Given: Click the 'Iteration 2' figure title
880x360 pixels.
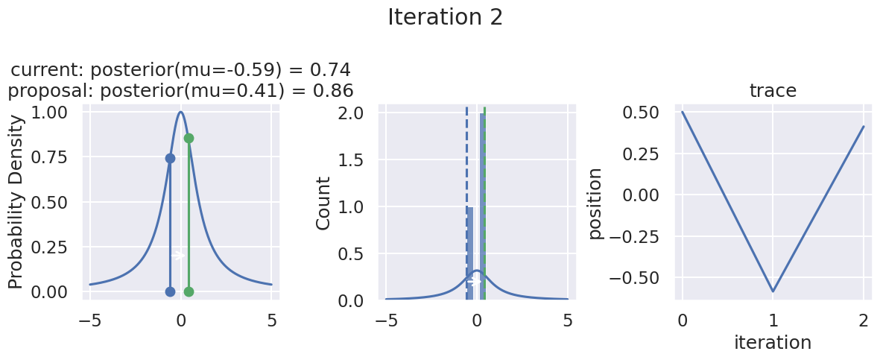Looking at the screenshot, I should (445, 17).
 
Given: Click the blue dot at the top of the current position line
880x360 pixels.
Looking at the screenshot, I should (170, 158).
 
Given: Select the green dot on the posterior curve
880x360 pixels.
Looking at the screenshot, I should (189, 139).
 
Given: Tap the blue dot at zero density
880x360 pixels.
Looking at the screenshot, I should (170, 291).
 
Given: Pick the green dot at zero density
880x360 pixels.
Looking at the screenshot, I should (189, 291).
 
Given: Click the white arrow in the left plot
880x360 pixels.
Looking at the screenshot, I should (179, 256).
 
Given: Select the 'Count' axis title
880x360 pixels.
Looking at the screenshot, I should (323, 203).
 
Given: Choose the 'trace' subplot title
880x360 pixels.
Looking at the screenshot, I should (773, 91).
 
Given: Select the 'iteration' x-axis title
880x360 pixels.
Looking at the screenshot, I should (773, 342).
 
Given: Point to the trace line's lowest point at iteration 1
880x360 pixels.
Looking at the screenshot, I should (773, 291).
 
